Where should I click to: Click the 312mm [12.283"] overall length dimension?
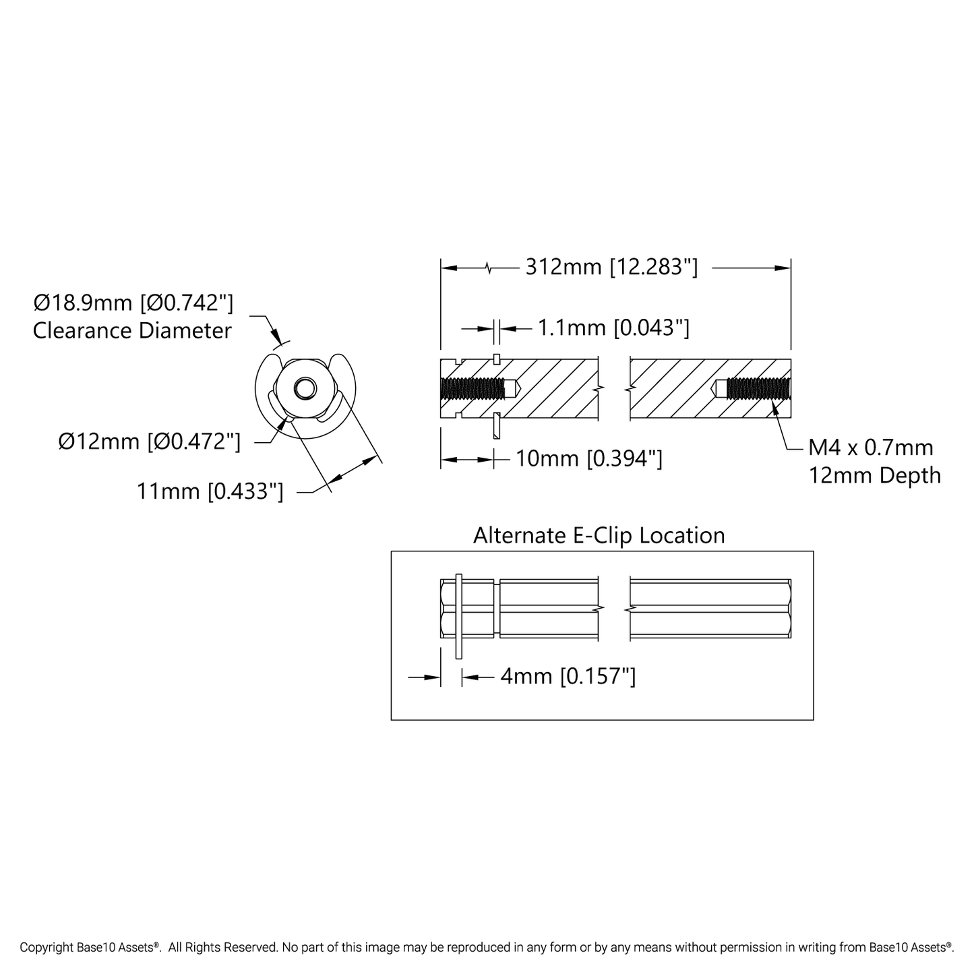[611, 268]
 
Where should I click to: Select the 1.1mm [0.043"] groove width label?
[613, 328]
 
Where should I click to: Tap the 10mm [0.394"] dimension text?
[588, 459]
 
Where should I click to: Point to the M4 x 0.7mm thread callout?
[870, 448]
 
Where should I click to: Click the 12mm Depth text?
[874, 476]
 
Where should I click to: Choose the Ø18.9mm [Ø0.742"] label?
[133, 303]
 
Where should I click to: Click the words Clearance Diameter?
[132, 331]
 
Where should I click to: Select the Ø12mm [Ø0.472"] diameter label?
[149, 442]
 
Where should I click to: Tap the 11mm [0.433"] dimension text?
[210, 491]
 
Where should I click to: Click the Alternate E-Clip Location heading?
[599, 535]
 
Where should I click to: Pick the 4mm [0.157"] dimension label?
[568, 676]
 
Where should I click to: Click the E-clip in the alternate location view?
[459, 615]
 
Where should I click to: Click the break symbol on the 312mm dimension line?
[490, 268]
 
